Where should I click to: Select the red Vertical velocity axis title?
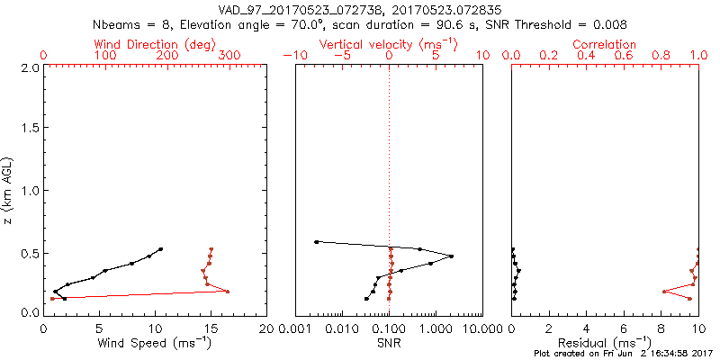[x=389, y=44]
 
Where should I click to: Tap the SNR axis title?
[x=389, y=344]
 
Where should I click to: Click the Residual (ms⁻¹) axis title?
[x=605, y=344]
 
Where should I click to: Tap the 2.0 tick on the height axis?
[x=30, y=67]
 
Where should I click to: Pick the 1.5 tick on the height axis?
[x=30, y=129]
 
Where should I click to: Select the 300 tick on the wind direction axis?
[x=229, y=56]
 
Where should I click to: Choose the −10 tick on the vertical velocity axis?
[x=292, y=56]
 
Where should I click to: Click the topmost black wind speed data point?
[x=161, y=249]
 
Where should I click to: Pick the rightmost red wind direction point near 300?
[x=228, y=292]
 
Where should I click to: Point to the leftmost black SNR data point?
[x=316, y=241]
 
